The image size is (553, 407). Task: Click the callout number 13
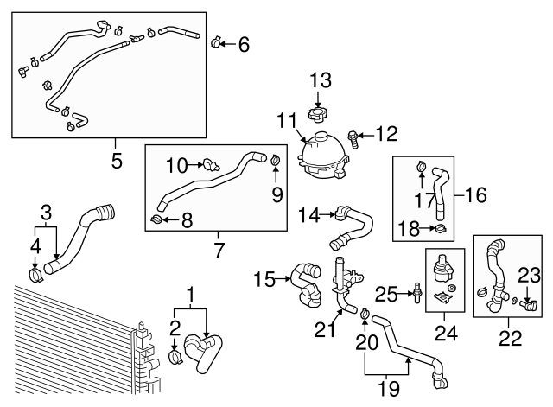click(x=321, y=81)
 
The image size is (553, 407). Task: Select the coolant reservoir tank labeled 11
click(x=321, y=156)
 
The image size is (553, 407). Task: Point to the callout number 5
click(x=117, y=160)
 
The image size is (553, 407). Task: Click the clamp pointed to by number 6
click(x=216, y=41)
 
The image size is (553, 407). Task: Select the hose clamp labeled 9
click(x=276, y=159)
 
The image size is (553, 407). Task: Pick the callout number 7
click(x=218, y=251)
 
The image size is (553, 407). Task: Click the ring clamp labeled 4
click(x=35, y=277)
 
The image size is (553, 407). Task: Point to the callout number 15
click(x=264, y=278)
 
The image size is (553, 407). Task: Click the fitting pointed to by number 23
click(x=529, y=304)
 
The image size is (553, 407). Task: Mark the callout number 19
click(x=389, y=388)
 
